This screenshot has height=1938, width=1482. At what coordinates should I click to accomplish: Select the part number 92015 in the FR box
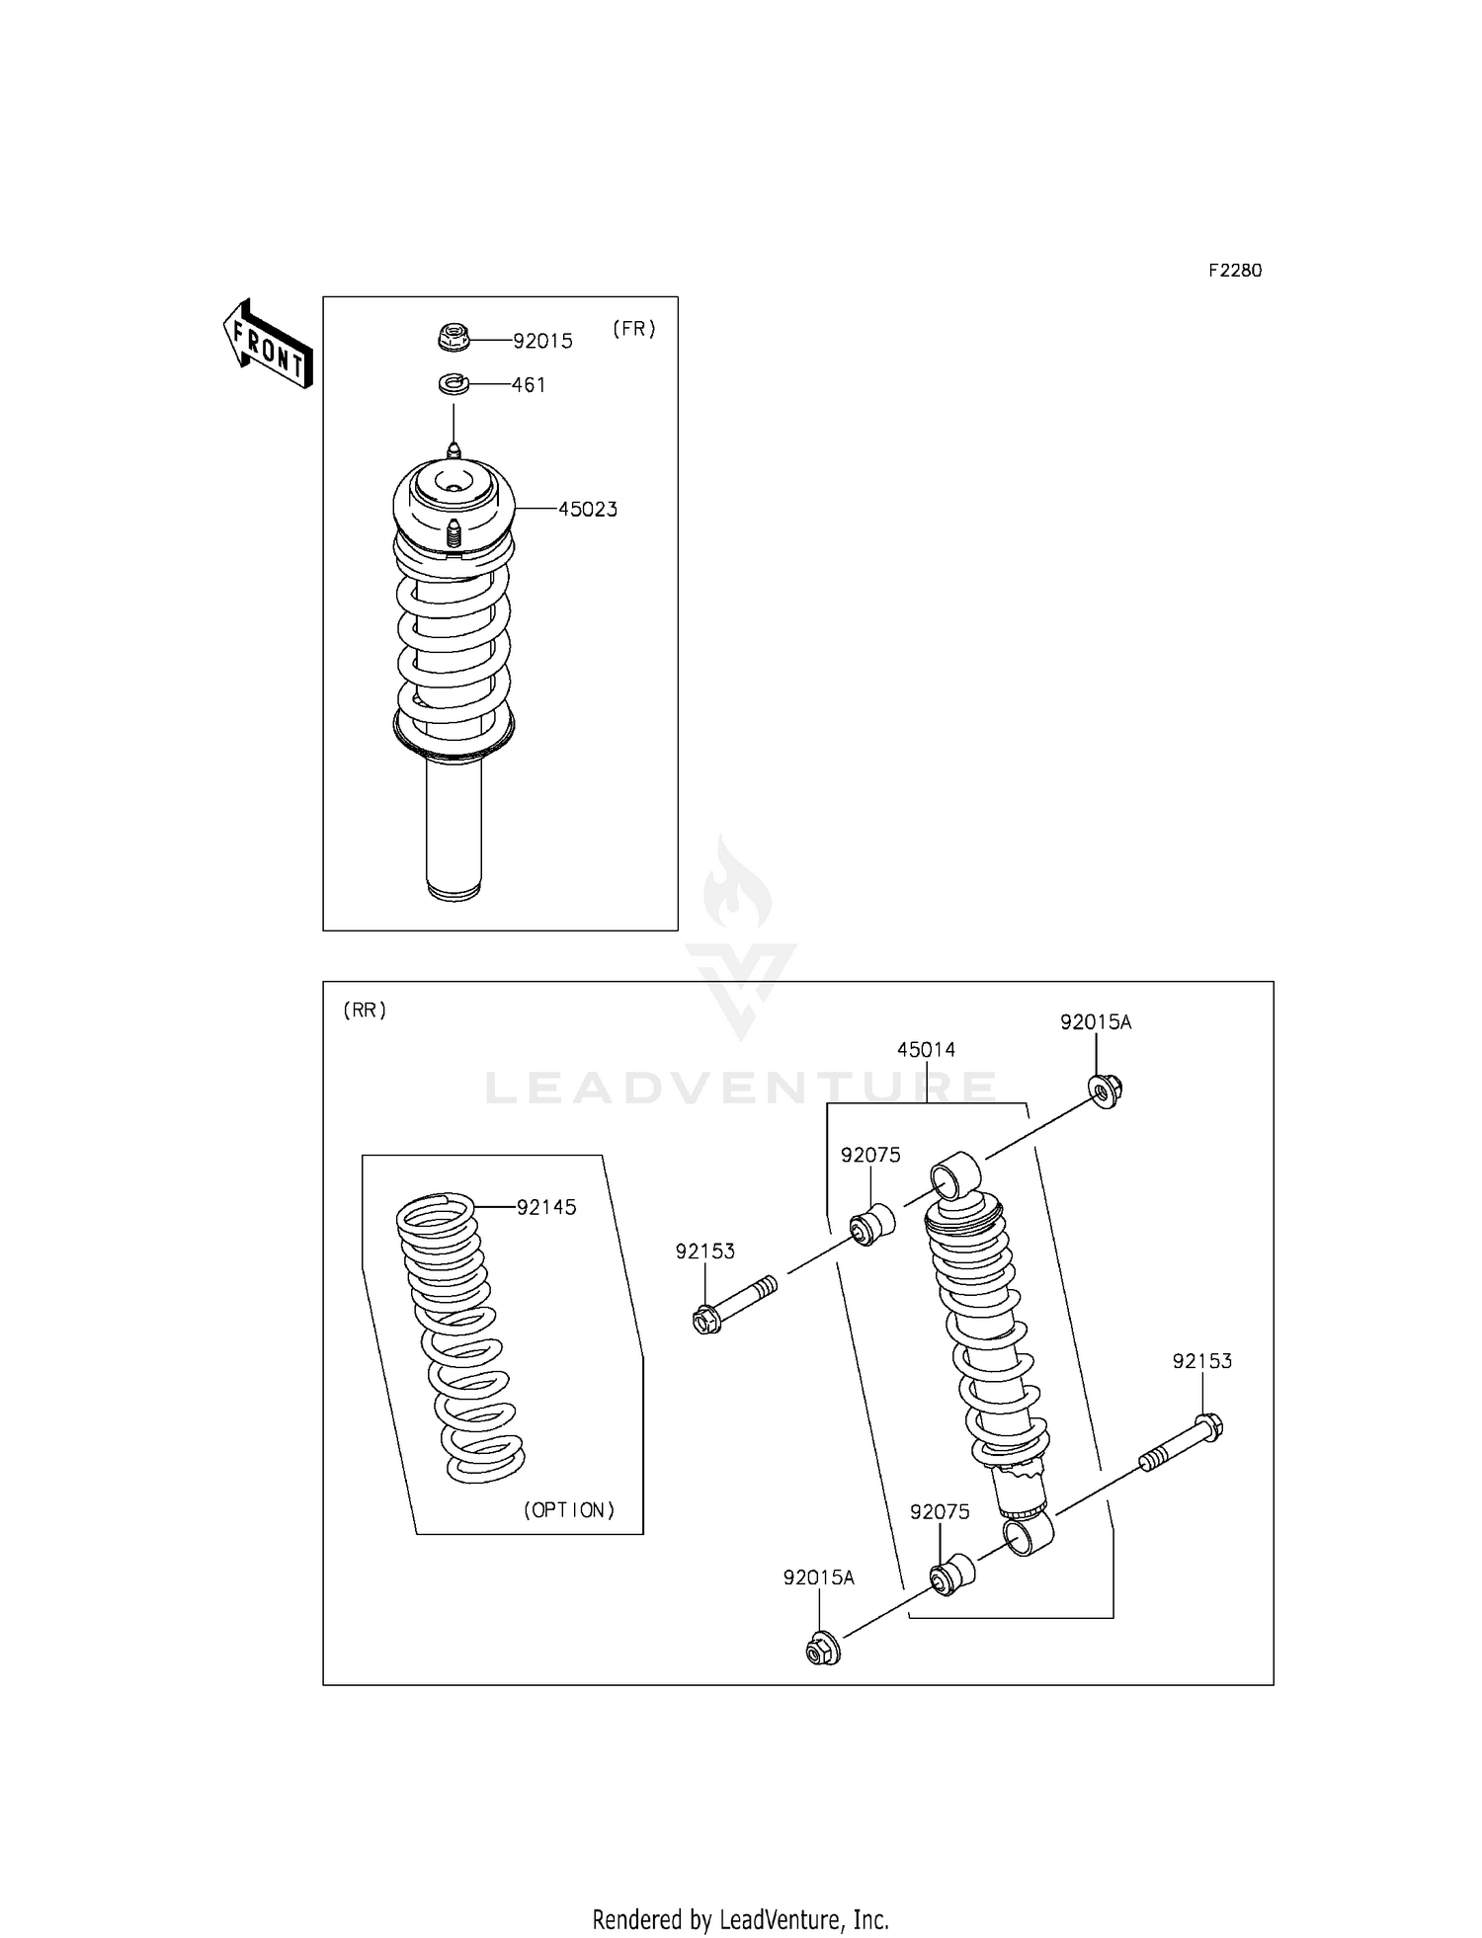point(542,341)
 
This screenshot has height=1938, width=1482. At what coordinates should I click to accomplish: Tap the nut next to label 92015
point(453,337)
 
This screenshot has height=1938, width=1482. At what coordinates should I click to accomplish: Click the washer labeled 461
point(453,383)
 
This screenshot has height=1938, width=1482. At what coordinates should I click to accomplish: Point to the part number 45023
point(588,510)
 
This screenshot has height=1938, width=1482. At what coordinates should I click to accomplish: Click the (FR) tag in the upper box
point(634,329)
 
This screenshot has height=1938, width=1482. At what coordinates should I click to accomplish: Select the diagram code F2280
point(1235,271)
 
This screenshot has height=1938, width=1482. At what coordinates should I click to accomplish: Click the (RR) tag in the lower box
point(365,1009)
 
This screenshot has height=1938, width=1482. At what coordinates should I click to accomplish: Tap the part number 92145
point(546,1207)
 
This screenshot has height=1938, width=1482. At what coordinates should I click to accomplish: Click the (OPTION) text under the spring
point(569,1509)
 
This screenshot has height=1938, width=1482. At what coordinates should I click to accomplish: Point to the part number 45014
point(926,1050)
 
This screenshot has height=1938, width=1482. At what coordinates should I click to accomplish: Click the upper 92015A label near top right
point(1096,1022)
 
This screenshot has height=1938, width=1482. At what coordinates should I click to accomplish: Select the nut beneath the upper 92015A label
point(1106,1090)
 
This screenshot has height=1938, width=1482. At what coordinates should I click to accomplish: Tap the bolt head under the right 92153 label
point(1208,1428)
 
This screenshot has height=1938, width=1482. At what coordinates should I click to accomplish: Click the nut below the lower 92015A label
point(823,1648)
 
